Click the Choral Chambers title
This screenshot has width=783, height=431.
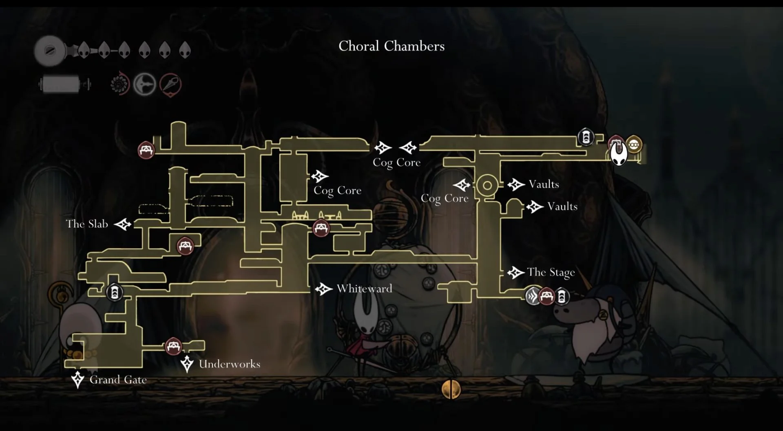(x=391, y=46)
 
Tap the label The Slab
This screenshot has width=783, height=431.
(x=87, y=224)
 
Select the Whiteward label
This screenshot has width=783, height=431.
(x=365, y=289)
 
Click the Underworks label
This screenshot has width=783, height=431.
(x=230, y=364)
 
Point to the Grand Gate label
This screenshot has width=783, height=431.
(x=118, y=380)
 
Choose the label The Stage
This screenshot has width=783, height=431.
(x=551, y=272)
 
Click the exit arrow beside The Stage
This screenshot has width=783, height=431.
(x=516, y=272)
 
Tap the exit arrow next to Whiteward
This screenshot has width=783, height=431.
(x=324, y=289)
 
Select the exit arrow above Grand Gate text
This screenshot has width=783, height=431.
(x=77, y=380)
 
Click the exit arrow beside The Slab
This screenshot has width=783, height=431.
(x=122, y=224)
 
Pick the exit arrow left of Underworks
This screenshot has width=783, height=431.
(x=187, y=364)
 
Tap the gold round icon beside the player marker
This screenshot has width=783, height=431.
(x=633, y=144)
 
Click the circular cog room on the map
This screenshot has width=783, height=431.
(x=487, y=186)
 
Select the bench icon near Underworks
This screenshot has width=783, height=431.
(x=173, y=347)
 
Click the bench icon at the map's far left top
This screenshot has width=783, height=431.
(x=146, y=150)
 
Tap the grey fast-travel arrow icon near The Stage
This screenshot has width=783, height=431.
(x=532, y=296)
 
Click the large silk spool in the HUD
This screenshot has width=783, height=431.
(x=50, y=51)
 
